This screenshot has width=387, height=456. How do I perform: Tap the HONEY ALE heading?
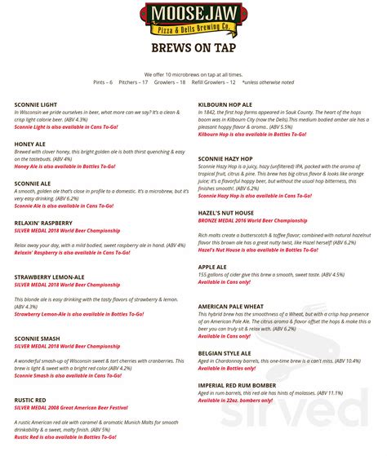(x=30, y=144)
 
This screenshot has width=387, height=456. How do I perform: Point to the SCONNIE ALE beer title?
(x=33, y=184)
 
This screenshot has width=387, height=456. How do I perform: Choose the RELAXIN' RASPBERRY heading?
(x=44, y=223)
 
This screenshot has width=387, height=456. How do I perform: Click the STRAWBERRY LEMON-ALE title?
(x=50, y=277)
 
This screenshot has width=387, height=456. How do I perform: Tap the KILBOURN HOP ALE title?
(x=225, y=105)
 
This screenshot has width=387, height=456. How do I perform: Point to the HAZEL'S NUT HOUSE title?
(x=225, y=212)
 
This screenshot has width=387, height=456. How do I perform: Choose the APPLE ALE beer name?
(x=212, y=267)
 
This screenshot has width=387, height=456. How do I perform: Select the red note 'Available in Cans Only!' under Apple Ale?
(x=225, y=282)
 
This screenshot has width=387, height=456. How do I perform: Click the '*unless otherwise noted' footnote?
(x=269, y=82)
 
